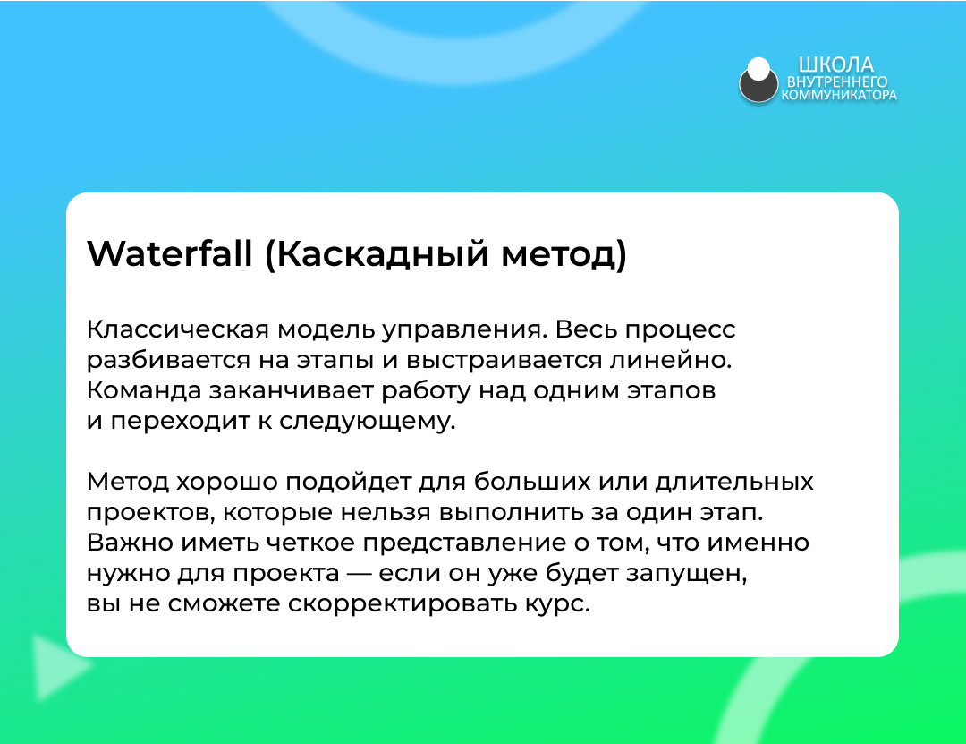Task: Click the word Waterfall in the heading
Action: (x=170, y=253)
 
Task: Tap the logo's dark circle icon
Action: (x=758, y=81)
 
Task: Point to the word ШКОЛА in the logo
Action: (x=836, y=64)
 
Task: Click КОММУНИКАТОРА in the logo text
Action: (x=839, y=95)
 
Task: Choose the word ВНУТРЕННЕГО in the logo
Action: (x=837, y=81)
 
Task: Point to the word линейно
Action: (x=670, y=360)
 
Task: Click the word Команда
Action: (x=144, y=390)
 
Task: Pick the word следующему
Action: (x=368, y=423)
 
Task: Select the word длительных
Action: (x=734, y=482)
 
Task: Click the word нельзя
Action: (x=386, y=513)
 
